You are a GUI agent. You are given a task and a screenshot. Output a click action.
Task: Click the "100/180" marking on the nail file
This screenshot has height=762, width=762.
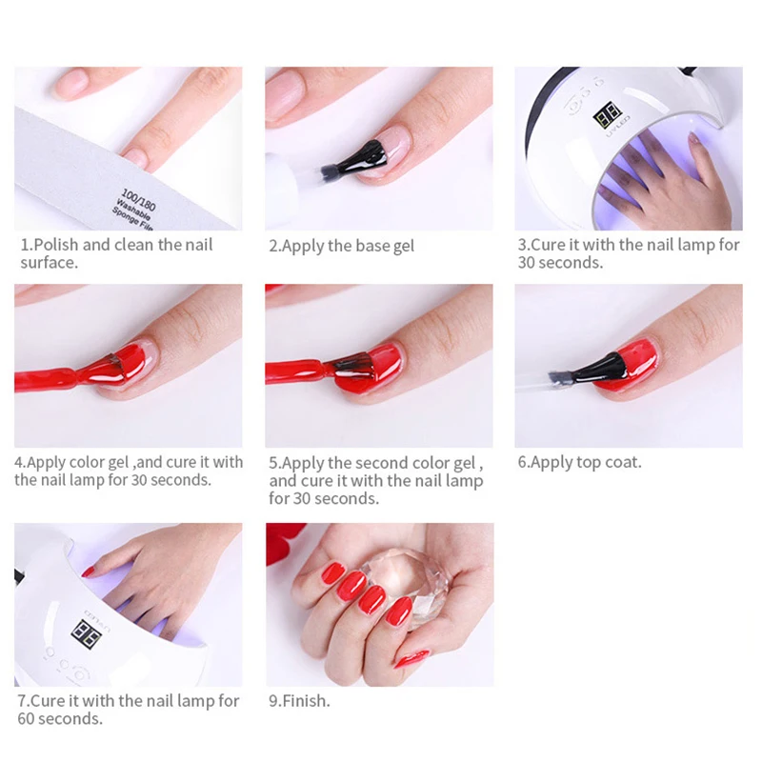[138, 199]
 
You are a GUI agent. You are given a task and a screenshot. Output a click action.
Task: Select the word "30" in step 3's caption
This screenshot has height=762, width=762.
[527, 263]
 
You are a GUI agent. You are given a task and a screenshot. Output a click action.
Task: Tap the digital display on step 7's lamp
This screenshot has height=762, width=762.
[86, 633]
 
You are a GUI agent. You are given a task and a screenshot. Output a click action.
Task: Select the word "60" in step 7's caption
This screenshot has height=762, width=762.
[27, 719]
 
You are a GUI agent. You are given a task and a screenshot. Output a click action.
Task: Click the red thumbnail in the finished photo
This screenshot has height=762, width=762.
[411, 659]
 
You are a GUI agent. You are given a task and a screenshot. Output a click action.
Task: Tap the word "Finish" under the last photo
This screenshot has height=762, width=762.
[304, 701]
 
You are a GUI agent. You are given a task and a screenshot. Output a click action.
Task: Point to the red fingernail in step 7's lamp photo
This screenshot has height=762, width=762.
[89, 572]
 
